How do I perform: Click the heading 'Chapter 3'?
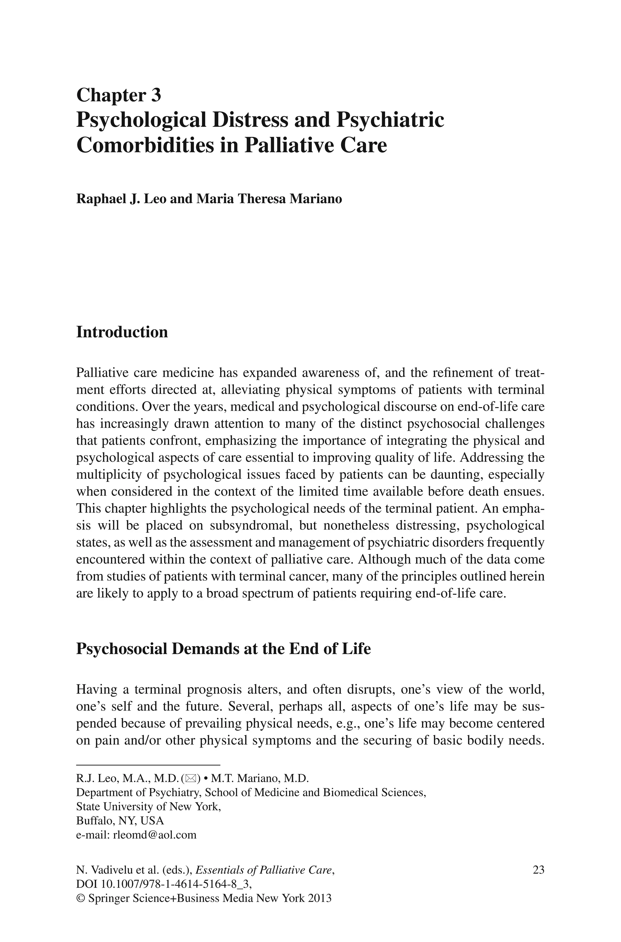pyautogui.click(x=119, y=95)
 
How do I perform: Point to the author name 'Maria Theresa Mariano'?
pyautogui.click(x=269, y=198)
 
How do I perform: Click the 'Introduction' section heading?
pyautogui.click(x=122, y=332)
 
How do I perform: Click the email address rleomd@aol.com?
pyautogui.click(x=154, y=835)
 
